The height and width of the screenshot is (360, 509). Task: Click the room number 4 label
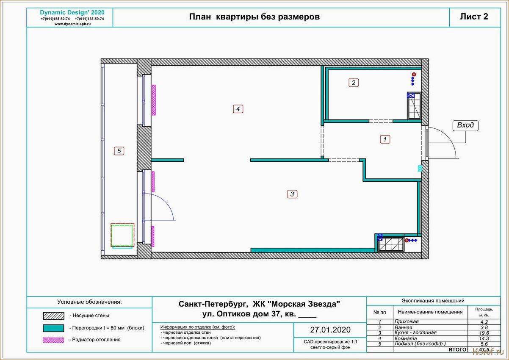[238, 109]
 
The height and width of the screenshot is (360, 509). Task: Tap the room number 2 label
[354, 83]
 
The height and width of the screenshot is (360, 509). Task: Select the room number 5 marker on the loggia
[119, 151]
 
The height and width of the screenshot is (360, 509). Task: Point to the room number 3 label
[292, 194]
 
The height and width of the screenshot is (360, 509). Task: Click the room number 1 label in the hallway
[385, 139]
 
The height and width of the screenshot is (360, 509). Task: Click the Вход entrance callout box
[466, 126]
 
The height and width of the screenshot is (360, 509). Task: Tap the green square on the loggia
[122, 235]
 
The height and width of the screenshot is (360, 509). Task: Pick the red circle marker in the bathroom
[414, 75]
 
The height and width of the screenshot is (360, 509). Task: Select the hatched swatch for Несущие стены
[54, 316]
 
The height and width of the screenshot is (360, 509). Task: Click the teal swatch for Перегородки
[54, 328]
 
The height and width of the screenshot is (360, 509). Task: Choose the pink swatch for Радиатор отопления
[54, 340]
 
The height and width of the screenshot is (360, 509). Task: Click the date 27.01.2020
[330, 330]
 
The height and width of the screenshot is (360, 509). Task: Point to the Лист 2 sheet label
[474, 17]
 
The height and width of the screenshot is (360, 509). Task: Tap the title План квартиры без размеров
[254, 17]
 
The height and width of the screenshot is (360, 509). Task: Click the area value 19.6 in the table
[484, 333]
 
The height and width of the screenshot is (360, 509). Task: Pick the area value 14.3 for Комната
[484, 338]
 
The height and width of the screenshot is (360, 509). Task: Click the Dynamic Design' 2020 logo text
[72, 13]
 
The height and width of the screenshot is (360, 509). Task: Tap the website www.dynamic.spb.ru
[72, 24]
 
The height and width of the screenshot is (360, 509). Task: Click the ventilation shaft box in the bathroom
[414, 106]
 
